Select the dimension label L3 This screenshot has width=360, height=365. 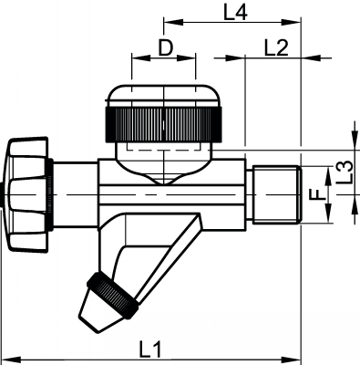[x=344, y=169]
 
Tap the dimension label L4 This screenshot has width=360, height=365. [x=234, y=12]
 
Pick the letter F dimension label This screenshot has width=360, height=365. [x=314, y=193]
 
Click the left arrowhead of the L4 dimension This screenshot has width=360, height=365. [x=167, y=20]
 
